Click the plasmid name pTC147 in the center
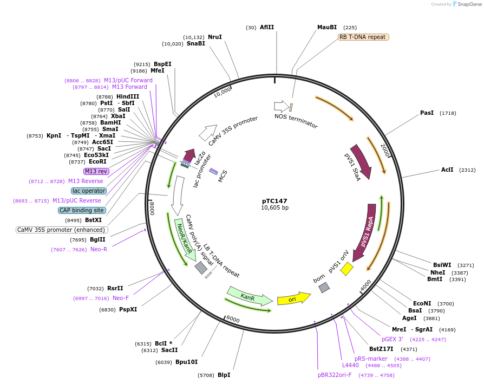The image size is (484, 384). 274,200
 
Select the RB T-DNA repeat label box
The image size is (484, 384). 363,37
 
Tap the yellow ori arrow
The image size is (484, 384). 293,298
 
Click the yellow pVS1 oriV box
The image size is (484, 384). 346,269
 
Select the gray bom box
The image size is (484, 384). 324,288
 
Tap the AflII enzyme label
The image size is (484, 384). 267,27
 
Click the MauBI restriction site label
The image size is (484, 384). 327,27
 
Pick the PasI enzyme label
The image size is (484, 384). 427,113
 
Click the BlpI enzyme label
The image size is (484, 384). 224,375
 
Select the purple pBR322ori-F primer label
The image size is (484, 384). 335,374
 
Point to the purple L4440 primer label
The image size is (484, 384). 350,365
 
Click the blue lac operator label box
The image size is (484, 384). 88,191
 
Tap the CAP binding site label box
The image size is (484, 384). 82,210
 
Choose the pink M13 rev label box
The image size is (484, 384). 96,171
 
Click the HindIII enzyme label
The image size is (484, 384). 128,96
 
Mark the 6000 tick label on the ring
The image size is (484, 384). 232,320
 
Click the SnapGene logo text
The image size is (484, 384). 467,4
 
